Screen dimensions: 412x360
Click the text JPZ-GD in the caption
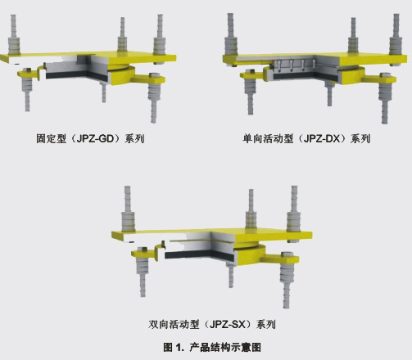(95, 139)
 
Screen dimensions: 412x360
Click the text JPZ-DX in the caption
(322, 139)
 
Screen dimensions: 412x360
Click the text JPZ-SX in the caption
(227, 325)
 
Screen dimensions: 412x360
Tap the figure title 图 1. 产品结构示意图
(212, 347)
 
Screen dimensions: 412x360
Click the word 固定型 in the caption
(52, 139)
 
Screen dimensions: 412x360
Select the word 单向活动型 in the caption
(269, 139)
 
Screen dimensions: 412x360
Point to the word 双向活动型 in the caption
(174, 325)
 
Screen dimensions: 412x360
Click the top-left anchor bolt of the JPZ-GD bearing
(14, 34)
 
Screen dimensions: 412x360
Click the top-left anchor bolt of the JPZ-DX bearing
(231, 34)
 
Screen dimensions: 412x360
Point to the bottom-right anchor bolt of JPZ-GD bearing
(154, 97)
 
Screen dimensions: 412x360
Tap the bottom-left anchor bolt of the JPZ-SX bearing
(142, 272)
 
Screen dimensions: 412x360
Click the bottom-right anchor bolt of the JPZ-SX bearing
(286, 281)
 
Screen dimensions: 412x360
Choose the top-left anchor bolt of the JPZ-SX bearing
(128, 209)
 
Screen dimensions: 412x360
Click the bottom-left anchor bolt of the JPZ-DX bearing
(251, 92)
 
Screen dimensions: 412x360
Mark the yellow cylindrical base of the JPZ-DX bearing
(351, 75)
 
